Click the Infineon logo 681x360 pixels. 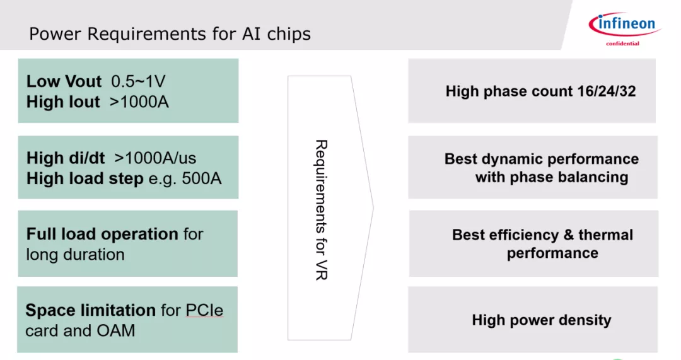[x=622, y=25]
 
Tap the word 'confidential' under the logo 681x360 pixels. [x=622, y=44]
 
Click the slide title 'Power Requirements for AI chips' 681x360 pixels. [x=170, y=33]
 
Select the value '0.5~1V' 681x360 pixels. [x=138, y=81]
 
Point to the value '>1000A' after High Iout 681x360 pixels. [x=139, y=102]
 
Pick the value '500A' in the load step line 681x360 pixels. [x=202, y=178]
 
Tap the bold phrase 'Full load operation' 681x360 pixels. [x=102, y=234]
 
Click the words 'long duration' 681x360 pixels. [x=75, y=255]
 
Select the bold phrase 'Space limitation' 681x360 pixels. [x=90, y=310]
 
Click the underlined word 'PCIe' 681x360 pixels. [x=204, y=310]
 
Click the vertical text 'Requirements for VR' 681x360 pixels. [x=321, y=209]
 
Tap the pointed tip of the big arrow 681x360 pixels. [x=373, y=207]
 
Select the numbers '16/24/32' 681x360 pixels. [x=606, y=91]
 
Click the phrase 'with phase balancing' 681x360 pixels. [x=552, y=177]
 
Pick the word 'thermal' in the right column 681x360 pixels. [x=605, y=235]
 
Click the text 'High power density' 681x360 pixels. [x=541, y=320]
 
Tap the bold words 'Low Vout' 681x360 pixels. [x=64, y=81]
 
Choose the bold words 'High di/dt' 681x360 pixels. [x=66, y=158]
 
